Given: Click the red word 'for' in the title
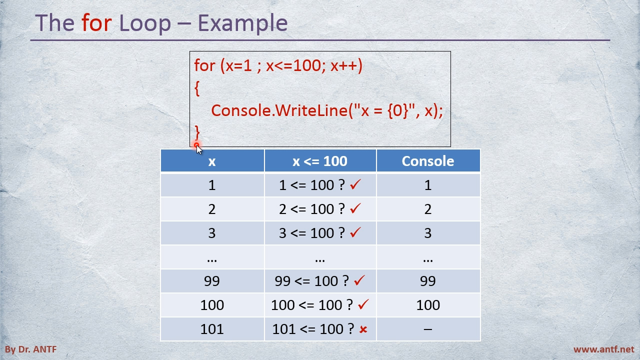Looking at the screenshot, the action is coord(96,22).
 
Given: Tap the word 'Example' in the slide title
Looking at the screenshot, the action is coord(242,23).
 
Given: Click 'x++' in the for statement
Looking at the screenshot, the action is coord(346,65).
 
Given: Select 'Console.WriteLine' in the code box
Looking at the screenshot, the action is coord(279,110).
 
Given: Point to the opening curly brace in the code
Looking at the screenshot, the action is coord(197,88).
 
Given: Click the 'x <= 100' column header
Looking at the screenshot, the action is coord(320,161).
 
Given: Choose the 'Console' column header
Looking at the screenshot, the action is coord(427,161).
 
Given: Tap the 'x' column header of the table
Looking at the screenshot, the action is coord(211,162).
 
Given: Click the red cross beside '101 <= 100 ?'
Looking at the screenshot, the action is coord(363,329).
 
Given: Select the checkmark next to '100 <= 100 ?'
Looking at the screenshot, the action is coord(363,304).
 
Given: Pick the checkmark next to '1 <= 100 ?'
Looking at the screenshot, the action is coord(355,184).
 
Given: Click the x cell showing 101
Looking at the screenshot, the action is coord(211,329).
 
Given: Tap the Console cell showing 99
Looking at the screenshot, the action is coord(427,281).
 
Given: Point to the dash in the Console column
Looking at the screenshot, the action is coord(427,329).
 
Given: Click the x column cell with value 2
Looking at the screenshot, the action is coord(211,209).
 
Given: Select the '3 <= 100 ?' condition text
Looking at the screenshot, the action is coord(312,233).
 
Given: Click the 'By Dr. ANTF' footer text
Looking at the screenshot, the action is coord(31,349).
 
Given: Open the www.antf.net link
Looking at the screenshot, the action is coord(603,349).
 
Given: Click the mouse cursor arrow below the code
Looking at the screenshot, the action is coord(199,149).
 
